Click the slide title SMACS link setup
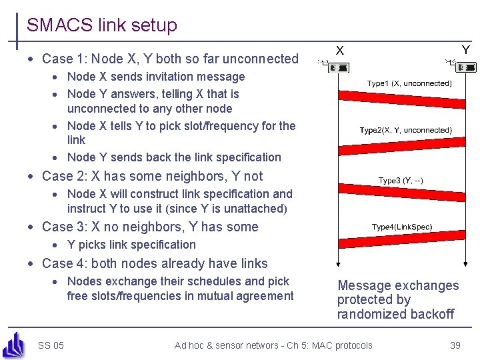point(101,25)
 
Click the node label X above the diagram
point(340,50)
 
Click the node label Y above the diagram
point(465,50)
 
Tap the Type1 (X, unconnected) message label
point(409,83)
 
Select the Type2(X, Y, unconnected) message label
point(405,130)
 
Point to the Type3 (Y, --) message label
point(401,181)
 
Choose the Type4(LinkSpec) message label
point(402,227)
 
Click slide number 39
point(455,345)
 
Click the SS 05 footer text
point(51,345)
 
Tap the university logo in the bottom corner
point(13,344)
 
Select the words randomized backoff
point(395,314)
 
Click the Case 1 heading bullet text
point(170,59)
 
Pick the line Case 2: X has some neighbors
point(152,176)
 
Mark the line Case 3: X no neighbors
point(150,227)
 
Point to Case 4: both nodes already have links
point(155,263)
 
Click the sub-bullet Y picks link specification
point(131,245)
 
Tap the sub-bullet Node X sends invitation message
point(156,77)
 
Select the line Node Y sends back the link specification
point(174,157)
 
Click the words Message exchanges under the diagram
point(398,285)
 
